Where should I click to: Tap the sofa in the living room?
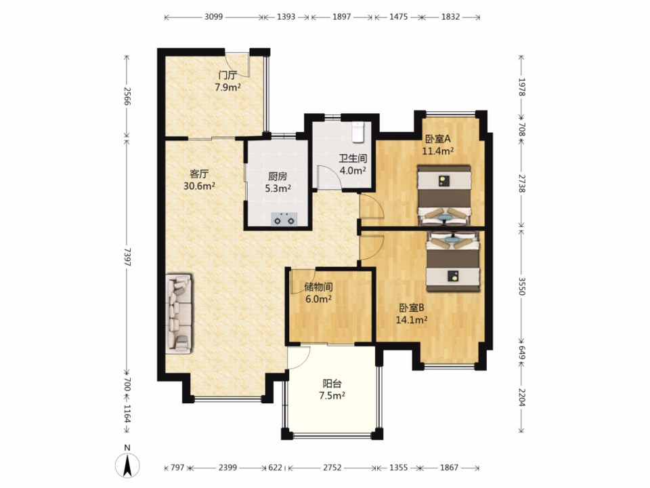[x=179, y=314]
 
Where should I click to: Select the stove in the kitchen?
[x=284, y=219]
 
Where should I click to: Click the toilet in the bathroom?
[x=357, y=131]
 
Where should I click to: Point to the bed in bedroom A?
[x=444, y=195]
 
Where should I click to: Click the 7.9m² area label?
[x=227, y=87]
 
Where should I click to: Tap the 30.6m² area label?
[x=199, y=186]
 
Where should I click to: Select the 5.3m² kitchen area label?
[x=278, y=188]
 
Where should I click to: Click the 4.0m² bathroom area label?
[x=353, y=170]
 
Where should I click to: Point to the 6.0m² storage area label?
[x=318, y=299]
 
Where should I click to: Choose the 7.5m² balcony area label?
[x=332, y=396]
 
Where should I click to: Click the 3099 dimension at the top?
[x=213, y=17]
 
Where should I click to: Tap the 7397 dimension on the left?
[x=127, y=257]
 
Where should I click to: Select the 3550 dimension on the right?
[x=521, y=285]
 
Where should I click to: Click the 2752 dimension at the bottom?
[x=332, y=468]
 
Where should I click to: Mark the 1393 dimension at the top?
[x=286, y=17]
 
